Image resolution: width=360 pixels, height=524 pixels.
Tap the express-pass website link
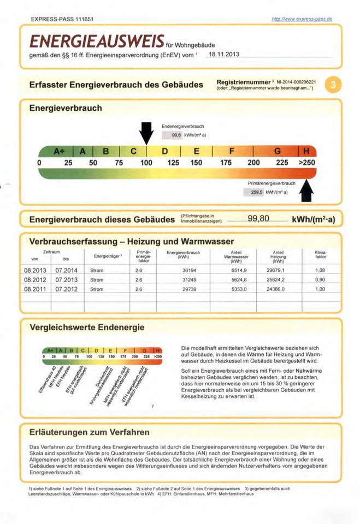tap(302, 19)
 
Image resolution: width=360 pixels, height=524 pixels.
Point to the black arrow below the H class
tap(307, 190)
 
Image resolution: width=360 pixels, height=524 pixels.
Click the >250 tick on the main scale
tap(306, 163)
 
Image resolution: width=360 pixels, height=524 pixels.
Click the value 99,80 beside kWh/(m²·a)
tap(258, 219)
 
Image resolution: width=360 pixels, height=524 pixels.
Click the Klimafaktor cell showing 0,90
tap(320, 279)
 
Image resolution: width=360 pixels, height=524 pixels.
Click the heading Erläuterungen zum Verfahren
tap(89, 432)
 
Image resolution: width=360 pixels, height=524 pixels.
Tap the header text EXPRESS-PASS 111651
tap(62, 19)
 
